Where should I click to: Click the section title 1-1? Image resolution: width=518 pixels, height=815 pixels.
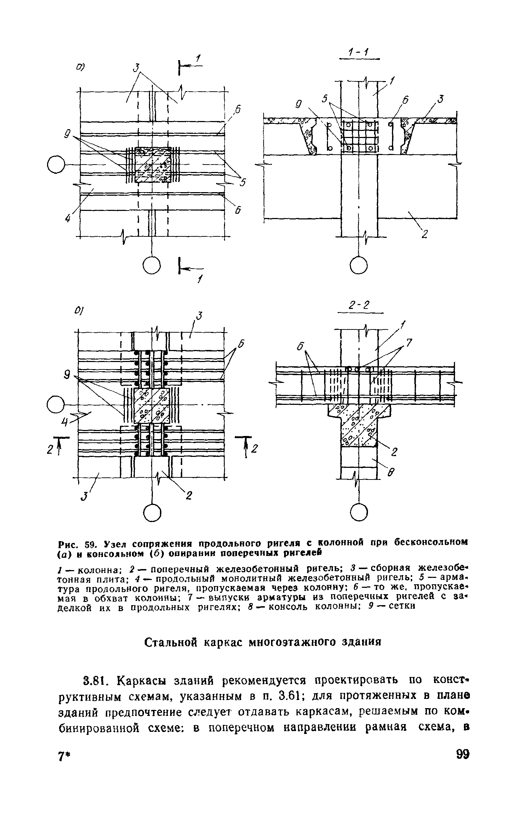(358, 53)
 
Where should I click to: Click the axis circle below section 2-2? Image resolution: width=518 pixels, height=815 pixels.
(358, 512)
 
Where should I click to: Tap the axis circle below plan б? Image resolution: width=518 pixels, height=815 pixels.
(152, 512)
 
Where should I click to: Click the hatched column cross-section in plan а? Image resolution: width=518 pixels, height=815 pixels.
(152, 165)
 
